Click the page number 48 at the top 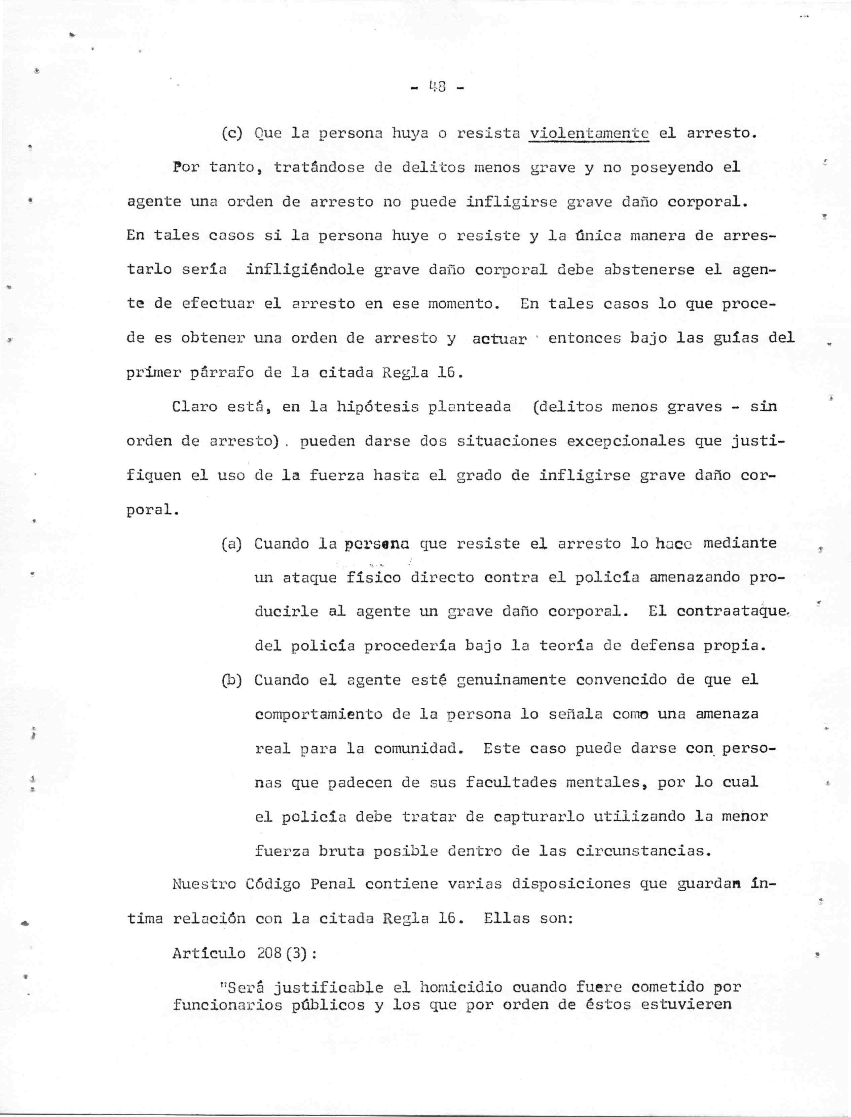436,88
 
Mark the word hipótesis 372,407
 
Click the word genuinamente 512,680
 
